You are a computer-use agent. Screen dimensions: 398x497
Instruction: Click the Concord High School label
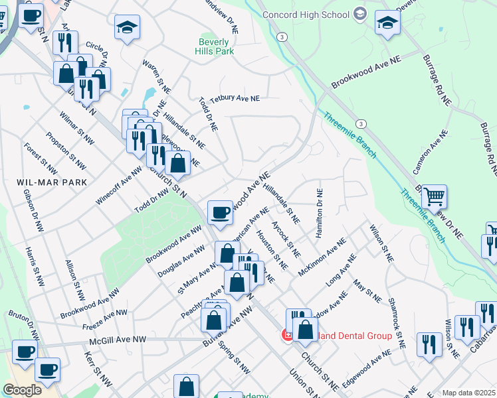[x=306, y=15]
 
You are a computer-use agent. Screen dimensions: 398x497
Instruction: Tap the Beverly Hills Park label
[x=216, y=46]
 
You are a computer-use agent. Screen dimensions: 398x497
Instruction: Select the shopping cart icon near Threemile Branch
[x=434, y=196]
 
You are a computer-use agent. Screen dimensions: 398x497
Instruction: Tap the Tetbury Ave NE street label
[x=235, y=98]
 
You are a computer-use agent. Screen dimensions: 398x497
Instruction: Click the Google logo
[x=22, y=390]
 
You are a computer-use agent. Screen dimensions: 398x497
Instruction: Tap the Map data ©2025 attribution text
[x=468, y=393]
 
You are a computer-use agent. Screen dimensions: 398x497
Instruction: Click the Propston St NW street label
[x=66, y=150]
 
